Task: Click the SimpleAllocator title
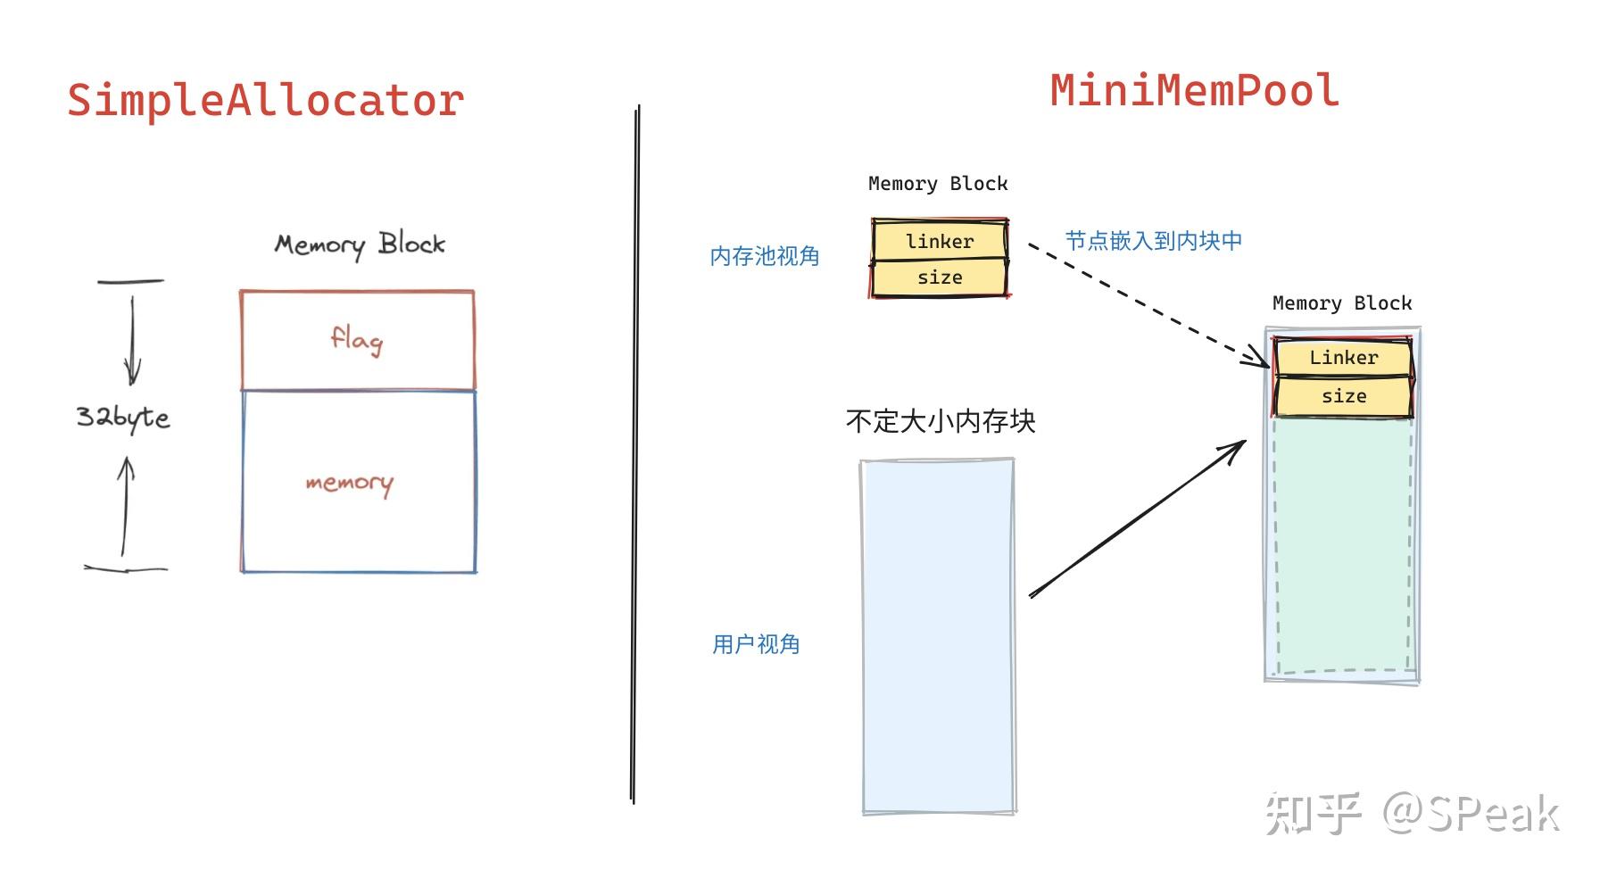pos(265,100)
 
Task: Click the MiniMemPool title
pos(1194,91)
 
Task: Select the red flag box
pos(357,340)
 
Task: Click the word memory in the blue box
pos(349,483)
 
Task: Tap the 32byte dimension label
pos(122,417)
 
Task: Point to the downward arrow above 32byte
pos(132,339)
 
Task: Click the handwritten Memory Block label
pos(359,244)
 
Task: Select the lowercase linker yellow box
pos(940,241)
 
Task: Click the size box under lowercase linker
pos(940,277)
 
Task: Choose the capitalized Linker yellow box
pos(1343,358)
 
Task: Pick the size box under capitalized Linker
pos(1343,396)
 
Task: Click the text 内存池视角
pos(764,257)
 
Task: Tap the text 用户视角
pos(755,644)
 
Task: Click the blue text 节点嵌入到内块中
pos(1153,241)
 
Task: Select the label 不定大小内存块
pos(940,421)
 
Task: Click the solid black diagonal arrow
pos(1138,518)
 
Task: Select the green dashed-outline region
pos(1343,544)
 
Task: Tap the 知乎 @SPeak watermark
pos(1412,813)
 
